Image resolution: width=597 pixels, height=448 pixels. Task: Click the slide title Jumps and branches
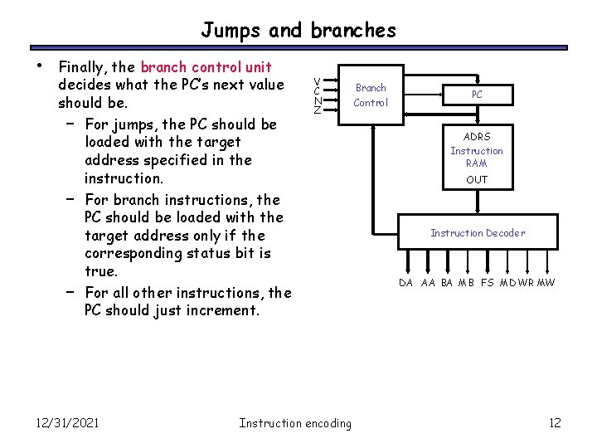[x=298, y=31]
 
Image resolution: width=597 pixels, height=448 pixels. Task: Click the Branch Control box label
[x=371, y=95]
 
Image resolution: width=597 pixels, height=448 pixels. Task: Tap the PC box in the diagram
[x=477, y=95]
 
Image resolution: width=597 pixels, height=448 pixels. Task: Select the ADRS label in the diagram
[x=477, y=137]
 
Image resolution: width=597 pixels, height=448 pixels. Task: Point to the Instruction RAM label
[x=477, y=157]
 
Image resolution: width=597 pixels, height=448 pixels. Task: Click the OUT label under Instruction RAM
[x=477, y=179]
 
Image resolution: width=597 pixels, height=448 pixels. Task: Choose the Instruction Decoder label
[x=477, y=233]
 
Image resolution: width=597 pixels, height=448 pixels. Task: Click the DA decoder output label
[x=405, y=283]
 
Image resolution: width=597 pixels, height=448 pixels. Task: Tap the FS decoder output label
[x=488, y=283]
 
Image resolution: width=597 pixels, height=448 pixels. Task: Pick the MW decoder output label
[x=546, y=283]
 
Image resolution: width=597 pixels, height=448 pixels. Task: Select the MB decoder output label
[x=467, y=283]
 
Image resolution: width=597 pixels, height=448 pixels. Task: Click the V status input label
[x=318, y=80]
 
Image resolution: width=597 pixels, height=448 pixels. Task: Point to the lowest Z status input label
[x=318, y=111]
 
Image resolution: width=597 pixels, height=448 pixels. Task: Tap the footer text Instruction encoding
[x=294, y=423]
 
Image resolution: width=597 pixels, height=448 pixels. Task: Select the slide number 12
[x=555, y=423]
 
